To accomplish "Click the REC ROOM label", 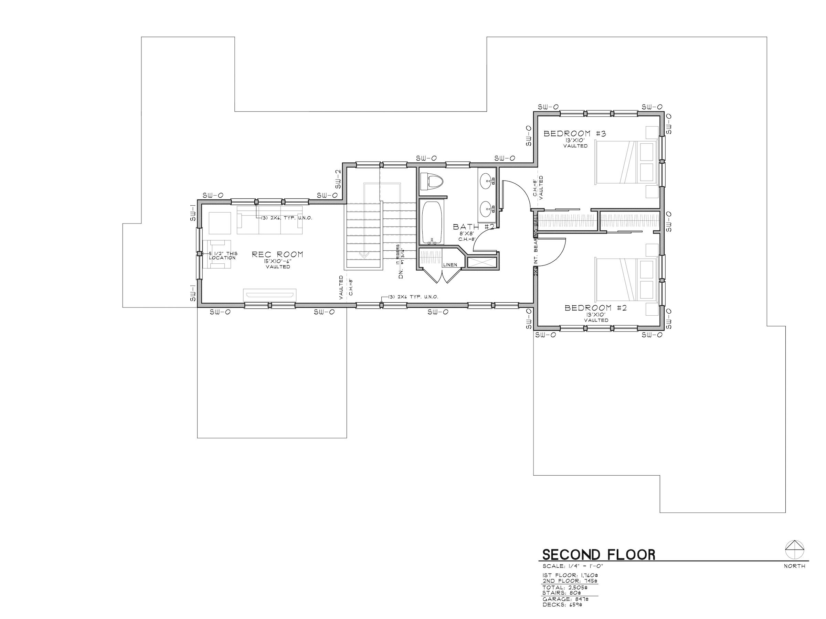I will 277,254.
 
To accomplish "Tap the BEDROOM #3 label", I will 574,133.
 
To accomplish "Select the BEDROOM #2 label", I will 596,308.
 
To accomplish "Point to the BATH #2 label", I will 474,227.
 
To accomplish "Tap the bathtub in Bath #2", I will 432,222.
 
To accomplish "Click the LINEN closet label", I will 450,265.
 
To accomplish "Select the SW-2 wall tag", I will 338,179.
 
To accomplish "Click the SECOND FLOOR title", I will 599,555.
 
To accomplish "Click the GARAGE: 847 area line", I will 565,599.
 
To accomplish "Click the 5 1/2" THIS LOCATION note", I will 223,256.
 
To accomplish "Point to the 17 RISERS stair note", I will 398,254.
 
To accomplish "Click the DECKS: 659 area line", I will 562,605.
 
